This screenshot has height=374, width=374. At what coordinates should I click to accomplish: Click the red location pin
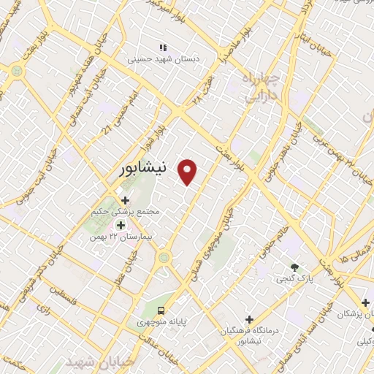pos(188,171)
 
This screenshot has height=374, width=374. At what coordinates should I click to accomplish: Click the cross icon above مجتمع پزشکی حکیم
pos(125,199)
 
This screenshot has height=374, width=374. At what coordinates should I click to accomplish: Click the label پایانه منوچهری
pos(161,321)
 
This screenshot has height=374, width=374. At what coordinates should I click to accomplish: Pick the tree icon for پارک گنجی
pos(294,267)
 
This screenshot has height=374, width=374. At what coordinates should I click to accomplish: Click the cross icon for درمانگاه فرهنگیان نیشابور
pos(249,319)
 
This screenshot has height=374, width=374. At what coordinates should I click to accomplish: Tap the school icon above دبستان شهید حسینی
pos(164,47)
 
